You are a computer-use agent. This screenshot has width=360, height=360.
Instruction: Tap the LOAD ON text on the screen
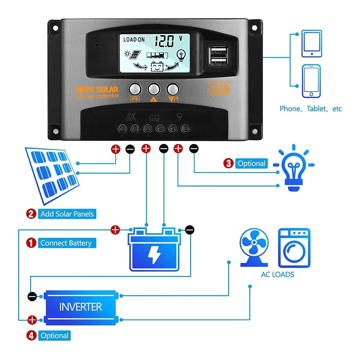(134, 40)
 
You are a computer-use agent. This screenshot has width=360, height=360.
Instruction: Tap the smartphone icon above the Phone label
(312, 81)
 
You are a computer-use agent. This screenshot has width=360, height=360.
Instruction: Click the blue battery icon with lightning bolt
(154, 249)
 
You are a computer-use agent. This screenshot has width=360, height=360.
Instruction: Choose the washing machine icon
(294, 248)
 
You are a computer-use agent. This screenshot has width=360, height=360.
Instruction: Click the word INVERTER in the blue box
(81, 307)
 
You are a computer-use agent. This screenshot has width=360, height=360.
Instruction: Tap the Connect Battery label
(66, 243)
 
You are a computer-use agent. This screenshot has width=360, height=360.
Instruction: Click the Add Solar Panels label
(67, 214)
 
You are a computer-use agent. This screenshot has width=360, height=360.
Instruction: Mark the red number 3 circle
(228, 163)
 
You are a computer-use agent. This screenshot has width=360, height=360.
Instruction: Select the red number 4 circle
(32, 336)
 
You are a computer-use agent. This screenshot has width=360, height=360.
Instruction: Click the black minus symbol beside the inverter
(32, 296)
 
